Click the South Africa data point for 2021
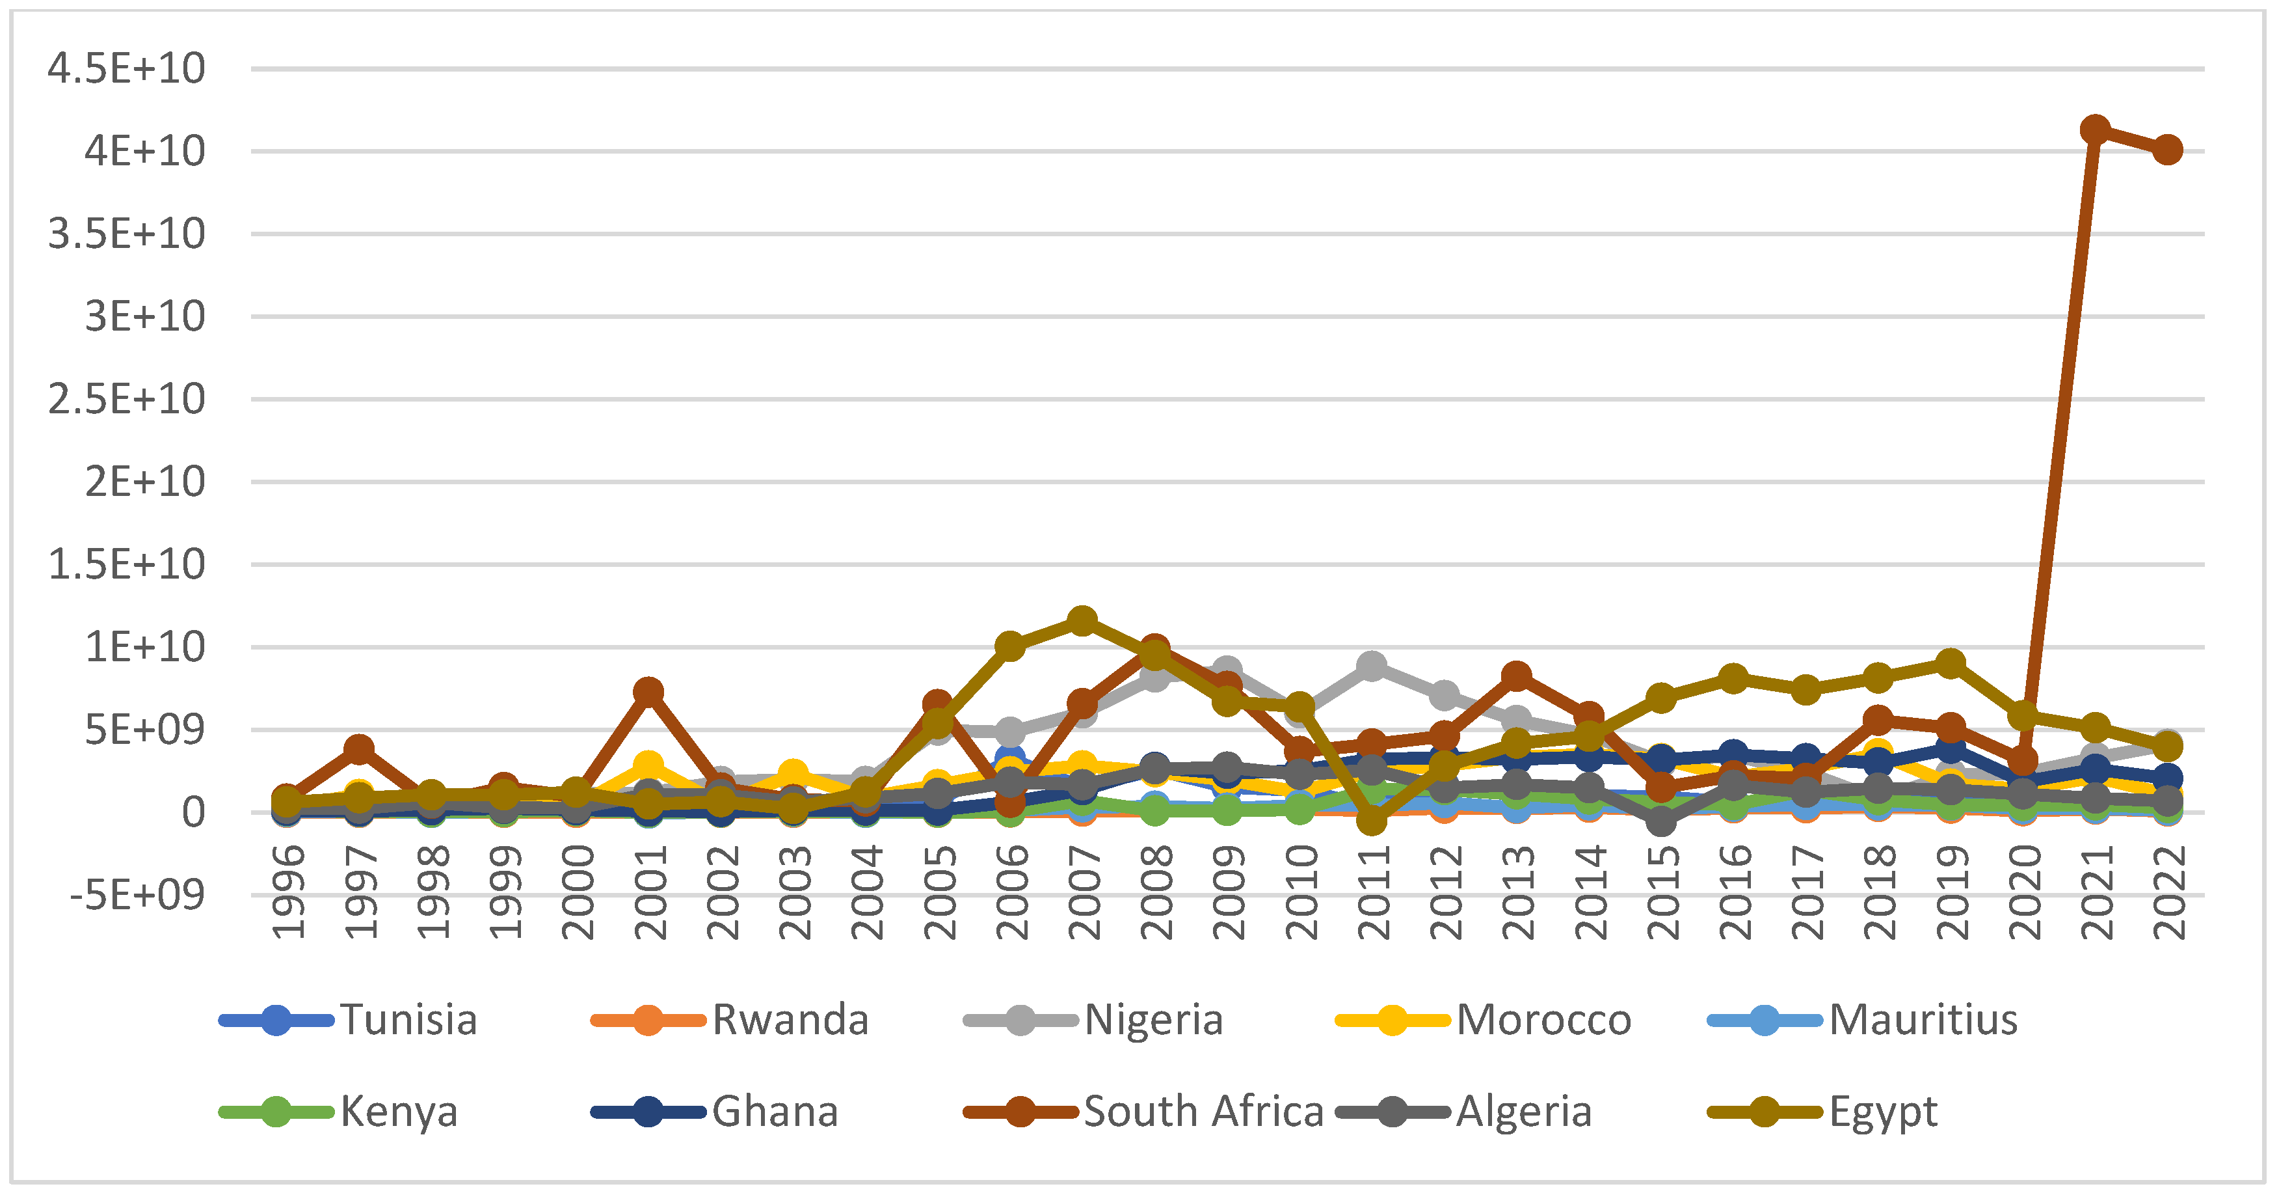coord(2094,130)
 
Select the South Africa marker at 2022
coord(2166,150)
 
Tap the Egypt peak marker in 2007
coord(1081,620)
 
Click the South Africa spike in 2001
coord(648,691)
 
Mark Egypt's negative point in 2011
coord(1371,821)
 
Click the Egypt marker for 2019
coord(1950,663)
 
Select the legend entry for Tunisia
coord(408,1019)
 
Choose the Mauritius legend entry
coord(1923,1019)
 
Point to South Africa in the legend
coord(1203,1112)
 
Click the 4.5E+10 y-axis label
coord(127,68)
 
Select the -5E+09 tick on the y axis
coord(137,896)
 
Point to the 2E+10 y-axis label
coord(145,482)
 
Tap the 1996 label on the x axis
coord(288,892)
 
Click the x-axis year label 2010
coord(1301,892)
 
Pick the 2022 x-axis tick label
coord(2169,892)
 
